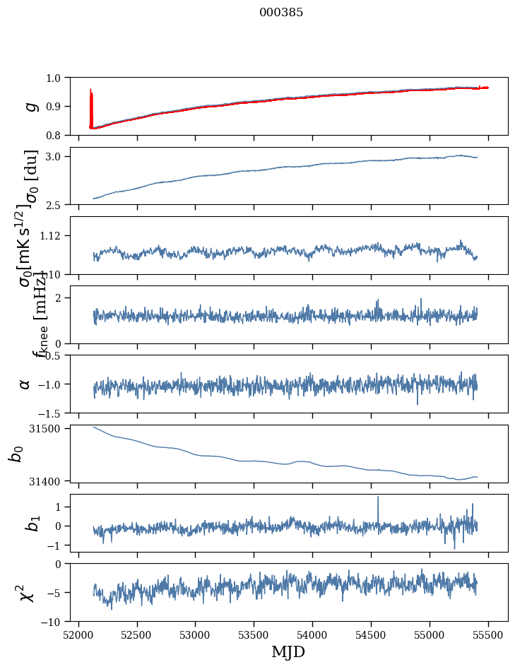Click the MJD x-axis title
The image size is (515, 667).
coord(288,652)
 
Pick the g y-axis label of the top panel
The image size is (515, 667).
coord(30,106)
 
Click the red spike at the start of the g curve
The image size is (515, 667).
coord(91,99)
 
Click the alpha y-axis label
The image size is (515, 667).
coord(25,384)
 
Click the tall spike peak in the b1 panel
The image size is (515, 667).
coord(378,497)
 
